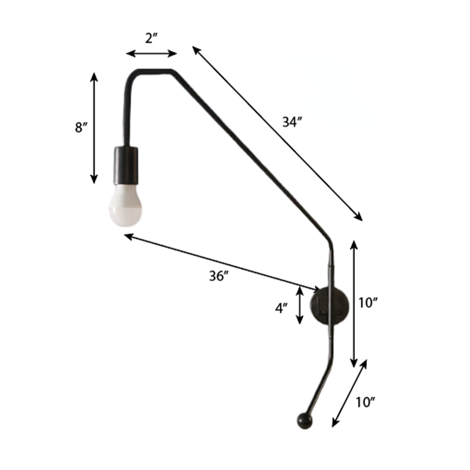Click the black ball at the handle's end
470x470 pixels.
(x=304, y=419)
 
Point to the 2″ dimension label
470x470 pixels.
(x=151, y=39)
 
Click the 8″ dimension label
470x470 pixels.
(x=81, y=127)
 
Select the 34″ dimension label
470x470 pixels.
(x=292, y=122)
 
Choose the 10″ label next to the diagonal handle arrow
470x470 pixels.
(x=365, y=402)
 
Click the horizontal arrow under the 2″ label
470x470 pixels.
(x=151, y=53)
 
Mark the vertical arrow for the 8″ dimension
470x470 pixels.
(x=93, y=127)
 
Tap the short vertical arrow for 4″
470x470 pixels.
(x=300, y=305)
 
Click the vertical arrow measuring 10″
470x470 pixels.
(x=354, y=303)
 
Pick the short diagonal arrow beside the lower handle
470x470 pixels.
(x=349, y=393)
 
